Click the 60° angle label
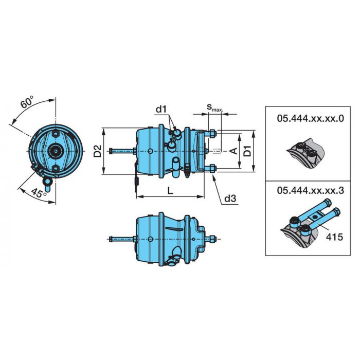coord(27,102)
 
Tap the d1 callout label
coord(161,110)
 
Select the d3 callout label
coord(230,199)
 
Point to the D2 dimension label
coord(98,151)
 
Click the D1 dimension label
coord(247,151)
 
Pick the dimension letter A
coord(233,151)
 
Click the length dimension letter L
coord(170,190)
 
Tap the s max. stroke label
coord(214,107)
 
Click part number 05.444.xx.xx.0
coord(311,119)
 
